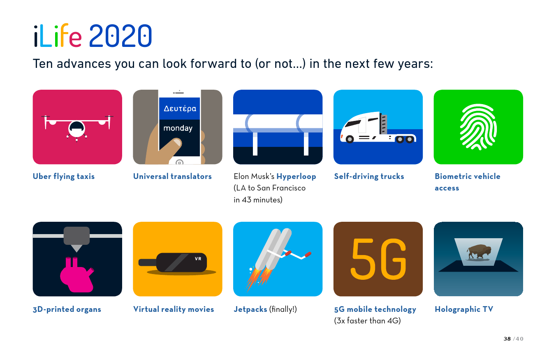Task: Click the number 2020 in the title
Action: point(120,36)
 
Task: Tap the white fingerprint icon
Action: point(478,127)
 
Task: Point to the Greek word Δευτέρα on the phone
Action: point(180,109)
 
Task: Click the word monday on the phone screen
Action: point(178,128)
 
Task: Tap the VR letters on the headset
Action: point(198,259)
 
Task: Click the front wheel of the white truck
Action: point(350,139)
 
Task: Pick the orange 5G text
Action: point(378,259)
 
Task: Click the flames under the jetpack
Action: point(258,278)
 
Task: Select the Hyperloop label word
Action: point(296,176)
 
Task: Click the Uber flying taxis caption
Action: point(64,176)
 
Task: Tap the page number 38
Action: point(507,339)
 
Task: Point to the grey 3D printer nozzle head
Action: point(77,236)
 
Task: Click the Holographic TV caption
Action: point(464,309)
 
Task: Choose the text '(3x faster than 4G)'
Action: point(367,321)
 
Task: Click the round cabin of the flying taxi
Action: point(77,129)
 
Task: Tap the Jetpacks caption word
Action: point(250,309)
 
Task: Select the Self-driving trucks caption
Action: point(369,176)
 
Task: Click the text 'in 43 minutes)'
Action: point(258,200)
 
